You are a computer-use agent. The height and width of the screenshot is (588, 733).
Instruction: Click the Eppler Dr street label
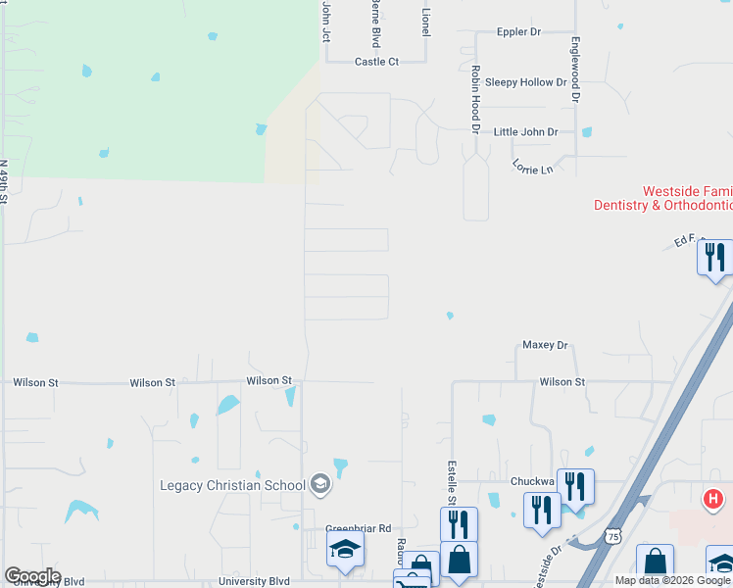click(518, 32)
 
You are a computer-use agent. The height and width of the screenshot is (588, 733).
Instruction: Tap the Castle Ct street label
click(376, 61)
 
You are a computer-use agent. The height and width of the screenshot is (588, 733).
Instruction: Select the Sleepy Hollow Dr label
click(525, 82)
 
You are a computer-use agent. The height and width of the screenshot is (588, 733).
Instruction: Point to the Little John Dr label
click(525, 131)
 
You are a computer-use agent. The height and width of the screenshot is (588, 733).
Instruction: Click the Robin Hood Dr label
click(474, 100)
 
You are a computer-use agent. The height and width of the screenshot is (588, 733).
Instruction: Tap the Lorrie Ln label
click(532, 169)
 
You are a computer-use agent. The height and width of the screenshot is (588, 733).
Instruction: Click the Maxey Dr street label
click(545, 345)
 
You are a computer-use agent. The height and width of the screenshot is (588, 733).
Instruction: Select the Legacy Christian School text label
click(233, 485)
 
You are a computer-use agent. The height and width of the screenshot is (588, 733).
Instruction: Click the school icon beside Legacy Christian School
click(319, 483)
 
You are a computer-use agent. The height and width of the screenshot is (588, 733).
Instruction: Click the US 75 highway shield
click(612, 536)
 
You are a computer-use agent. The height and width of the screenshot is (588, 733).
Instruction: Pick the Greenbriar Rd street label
click(359, 528)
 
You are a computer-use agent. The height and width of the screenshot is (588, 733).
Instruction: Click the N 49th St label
click(4, 182)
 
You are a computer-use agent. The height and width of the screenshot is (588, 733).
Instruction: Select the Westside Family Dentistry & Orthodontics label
click(663, 198)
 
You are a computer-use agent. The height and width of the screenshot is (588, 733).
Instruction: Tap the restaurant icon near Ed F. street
click(715, 257)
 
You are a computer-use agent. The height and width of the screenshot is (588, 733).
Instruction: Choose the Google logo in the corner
click(32, 576)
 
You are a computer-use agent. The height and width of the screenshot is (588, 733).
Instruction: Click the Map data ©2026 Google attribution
click(673, 580)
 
